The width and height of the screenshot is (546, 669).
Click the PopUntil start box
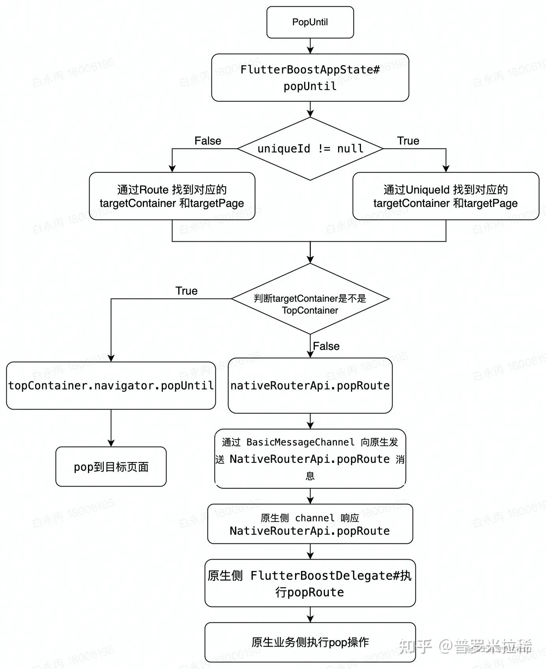tap(310, 22)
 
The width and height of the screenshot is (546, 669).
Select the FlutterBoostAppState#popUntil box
tap(310, 77)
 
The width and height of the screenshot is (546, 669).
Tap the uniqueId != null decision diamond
tap(310, 148)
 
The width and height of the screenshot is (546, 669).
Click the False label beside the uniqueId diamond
tap(208, 141)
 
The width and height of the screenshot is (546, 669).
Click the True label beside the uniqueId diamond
tap(408, 141)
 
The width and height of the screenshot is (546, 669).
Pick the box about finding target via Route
tap(172, 196)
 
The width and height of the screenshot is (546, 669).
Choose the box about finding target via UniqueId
tap(445, 196)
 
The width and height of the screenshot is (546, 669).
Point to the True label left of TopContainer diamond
tap(186, 291)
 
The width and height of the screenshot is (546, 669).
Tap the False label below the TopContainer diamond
tap(326, 346)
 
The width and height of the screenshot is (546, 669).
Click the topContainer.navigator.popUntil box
tap(111, 385)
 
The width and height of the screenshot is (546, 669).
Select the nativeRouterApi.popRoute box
tap(310, 385)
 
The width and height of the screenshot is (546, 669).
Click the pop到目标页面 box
tap(111, 466)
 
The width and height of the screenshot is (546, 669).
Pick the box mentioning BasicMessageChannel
tap(310, 459)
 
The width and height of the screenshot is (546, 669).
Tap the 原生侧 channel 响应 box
tap(310, 524)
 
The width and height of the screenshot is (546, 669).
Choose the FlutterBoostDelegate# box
tap(310, 583)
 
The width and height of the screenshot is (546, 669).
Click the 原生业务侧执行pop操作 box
tap(310, 642)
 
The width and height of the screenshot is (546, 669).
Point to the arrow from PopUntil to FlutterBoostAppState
tap(310, 46)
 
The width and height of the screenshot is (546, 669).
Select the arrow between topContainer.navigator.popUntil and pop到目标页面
tap(111, 428)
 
